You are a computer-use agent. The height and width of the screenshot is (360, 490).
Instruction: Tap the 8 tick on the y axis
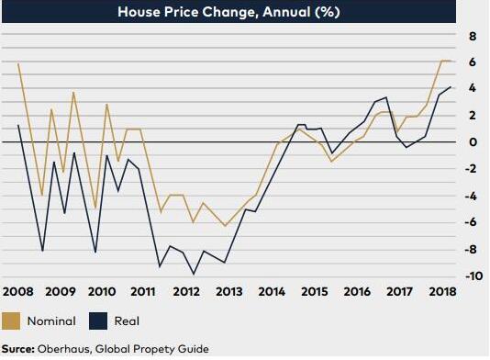[473, 37]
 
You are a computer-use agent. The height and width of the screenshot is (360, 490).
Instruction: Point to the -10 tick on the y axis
[473, 276]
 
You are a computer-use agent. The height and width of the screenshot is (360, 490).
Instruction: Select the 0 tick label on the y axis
[473, 142]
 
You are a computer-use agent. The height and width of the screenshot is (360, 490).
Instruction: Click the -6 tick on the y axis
[471, 222]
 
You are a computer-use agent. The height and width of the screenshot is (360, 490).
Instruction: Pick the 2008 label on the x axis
[17, 291]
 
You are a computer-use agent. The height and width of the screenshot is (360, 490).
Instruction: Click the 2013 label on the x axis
[229, 291]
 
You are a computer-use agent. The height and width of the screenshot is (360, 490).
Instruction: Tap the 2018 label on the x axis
[442, 291]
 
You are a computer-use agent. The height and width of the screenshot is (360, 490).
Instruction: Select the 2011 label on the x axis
[143, 291]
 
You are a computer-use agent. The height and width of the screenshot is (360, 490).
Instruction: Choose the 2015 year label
[315, 291]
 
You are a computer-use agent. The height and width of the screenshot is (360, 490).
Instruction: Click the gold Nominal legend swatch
[11, 321]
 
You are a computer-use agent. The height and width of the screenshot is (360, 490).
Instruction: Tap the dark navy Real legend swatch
[98, 321]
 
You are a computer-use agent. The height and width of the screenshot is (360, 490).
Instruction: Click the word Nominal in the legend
[51, 321]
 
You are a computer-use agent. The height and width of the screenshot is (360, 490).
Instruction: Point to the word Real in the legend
[127, 321]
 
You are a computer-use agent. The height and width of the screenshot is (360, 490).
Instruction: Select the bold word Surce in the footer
[18, 349]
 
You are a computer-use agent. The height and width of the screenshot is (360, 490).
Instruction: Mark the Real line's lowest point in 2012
[194, 275]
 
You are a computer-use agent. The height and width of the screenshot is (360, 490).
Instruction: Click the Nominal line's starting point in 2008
[18, 63]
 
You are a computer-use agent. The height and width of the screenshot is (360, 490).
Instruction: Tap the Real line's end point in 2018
[451, 87]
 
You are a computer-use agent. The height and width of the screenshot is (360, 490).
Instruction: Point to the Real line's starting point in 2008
[18, 125]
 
